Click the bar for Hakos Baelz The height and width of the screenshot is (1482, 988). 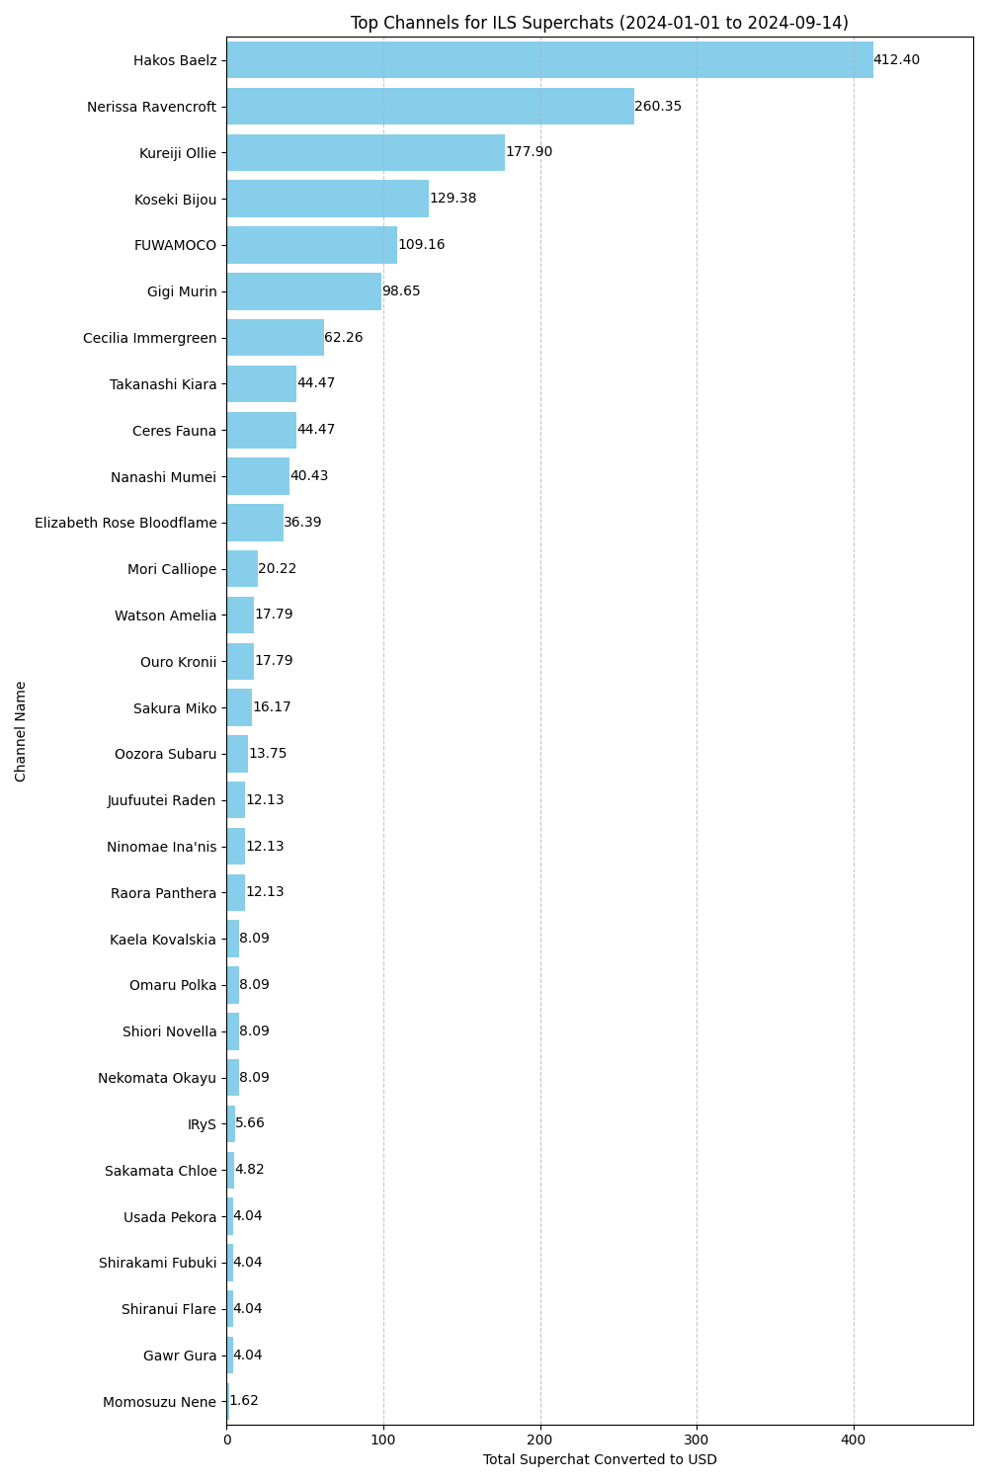point(549,60)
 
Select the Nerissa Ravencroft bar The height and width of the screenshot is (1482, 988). point(430,107)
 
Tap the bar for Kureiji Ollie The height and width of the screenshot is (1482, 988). point(366,153)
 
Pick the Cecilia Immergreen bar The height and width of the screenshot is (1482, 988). point(275,338)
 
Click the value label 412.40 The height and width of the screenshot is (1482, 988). point(896,60)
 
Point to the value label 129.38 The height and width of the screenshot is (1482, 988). point(453,199)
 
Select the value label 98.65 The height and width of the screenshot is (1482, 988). point(401,291)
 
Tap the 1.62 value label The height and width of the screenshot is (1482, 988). point(244,1401)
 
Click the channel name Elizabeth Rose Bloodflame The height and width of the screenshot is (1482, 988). point(125,523)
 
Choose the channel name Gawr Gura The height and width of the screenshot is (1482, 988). point(180,1356)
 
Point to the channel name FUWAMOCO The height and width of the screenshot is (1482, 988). point(175,245)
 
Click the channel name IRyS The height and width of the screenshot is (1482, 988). point(202,1124)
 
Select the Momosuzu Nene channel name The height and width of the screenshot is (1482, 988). point(159,1402)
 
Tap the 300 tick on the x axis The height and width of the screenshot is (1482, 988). point(697,1440)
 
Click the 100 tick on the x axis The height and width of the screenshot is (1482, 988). point(383,1440)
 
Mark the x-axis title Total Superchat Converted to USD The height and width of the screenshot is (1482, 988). point(600,1460)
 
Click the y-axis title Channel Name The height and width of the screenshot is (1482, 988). point(21,731)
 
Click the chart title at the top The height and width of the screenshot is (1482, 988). point(599,23)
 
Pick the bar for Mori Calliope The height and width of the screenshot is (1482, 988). point(242,569)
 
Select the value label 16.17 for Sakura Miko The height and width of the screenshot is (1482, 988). point(272,707)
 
